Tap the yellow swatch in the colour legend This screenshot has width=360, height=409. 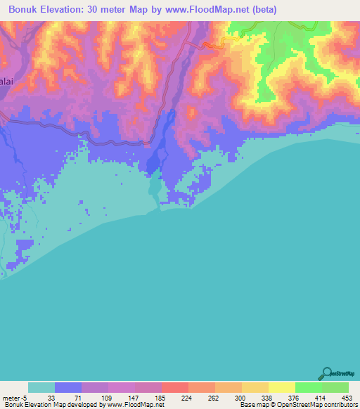click(282, 387)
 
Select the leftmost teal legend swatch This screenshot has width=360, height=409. click(41, 387)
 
